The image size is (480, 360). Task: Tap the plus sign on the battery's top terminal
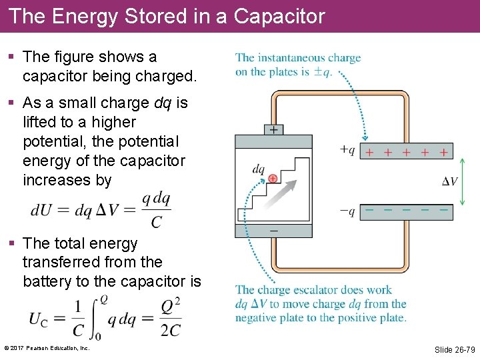point(273,130)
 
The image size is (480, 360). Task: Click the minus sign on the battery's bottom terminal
point(273,230)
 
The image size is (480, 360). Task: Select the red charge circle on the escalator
point(273,179)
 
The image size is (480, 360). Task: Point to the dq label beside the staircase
point(259,169)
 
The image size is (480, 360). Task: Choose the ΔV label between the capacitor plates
point(450,181)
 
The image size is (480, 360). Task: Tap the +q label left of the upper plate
point(347,151)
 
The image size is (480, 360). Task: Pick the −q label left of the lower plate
point(347,211)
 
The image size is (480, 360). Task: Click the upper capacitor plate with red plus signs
point(406,151)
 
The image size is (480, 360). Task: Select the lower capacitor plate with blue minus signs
point(406,211)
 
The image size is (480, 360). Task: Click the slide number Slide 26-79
point(454,349)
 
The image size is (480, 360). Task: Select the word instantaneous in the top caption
point(290,58)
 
